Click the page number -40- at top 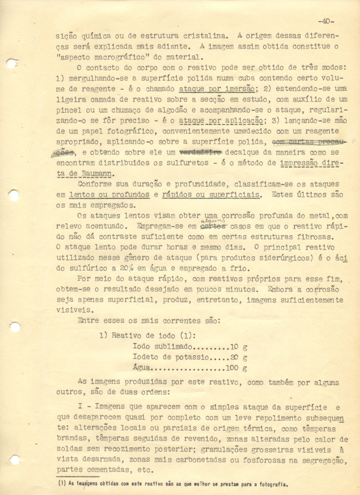326,21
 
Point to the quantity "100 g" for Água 237,368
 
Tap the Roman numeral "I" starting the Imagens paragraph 80,408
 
